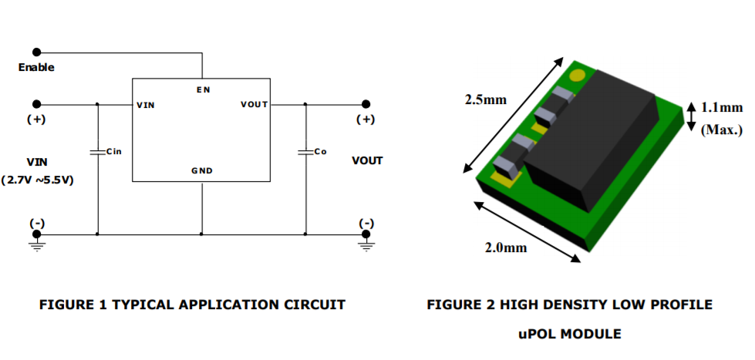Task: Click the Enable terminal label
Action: click(36, 68)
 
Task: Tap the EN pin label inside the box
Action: click(201, 90)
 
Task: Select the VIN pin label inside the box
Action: click(145, 105)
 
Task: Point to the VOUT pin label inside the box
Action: click(254, 105)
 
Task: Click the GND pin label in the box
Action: click(201, 170)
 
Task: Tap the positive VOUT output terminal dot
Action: click(366, 104)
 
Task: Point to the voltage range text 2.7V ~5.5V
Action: click(37, 180)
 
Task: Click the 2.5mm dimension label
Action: click(486, 99)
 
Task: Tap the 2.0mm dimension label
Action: click(506, 247)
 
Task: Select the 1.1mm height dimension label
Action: click(722, 109)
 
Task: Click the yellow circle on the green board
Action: click(576, 76)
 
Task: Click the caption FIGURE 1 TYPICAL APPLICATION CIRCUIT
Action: click(192, 305)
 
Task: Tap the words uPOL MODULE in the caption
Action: click(570, 334)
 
